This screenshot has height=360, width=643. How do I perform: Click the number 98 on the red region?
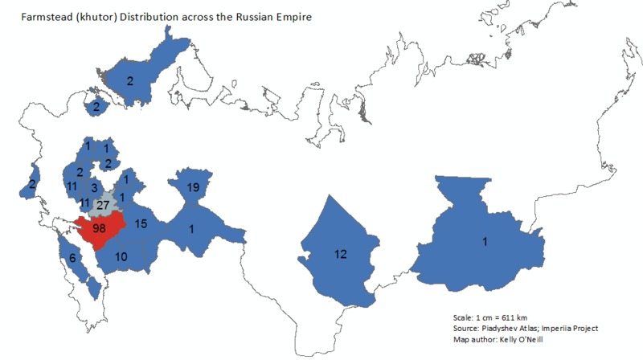click(x=100, y=229)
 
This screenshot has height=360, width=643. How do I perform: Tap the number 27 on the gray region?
click(x=102, y=205)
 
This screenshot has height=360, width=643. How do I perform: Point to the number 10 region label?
click(x=121, y=257)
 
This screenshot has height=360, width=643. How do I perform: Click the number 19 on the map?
click(x=193, y=187)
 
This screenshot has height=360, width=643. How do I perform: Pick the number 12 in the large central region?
click(x=340, y=254)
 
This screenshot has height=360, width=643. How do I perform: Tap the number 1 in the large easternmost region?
click(x=485, y=239)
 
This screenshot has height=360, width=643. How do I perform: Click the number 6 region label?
click(x=72, y=258)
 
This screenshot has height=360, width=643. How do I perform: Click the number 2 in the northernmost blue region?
click(x=129, y=80)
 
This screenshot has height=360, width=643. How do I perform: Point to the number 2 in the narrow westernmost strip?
click(x=31, y=185)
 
